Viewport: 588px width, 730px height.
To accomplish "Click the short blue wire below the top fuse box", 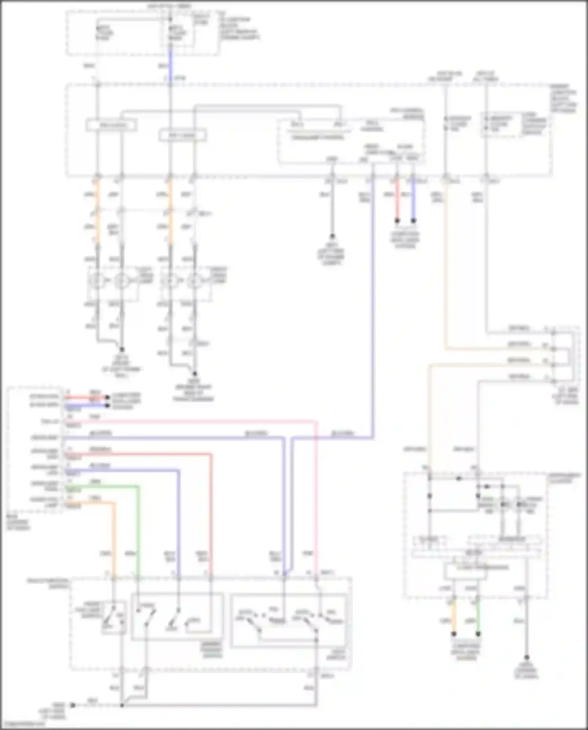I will coord(170,63).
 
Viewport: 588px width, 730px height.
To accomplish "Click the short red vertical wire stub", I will coord(397,200).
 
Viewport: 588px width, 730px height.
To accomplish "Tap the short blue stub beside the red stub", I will coord(413,200).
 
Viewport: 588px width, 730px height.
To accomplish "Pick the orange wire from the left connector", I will coord(114,537).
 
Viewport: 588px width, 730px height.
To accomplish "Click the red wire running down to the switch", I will coord(211,510).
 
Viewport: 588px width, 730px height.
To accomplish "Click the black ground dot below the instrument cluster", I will coord(526,657).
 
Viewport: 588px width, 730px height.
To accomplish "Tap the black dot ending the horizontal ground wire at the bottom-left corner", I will coord(73,705).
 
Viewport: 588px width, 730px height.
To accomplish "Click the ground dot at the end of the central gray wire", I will coord(332,236).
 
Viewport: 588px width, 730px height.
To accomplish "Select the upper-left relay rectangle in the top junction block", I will coord(111,126).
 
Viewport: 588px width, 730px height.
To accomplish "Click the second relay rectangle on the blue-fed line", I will coord(183,136).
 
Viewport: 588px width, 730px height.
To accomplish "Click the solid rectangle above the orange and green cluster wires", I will coord(465,571).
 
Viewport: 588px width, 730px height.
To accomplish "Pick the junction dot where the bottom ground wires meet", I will coord(122,705).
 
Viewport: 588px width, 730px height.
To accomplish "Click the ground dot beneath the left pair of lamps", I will coord(122,349).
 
